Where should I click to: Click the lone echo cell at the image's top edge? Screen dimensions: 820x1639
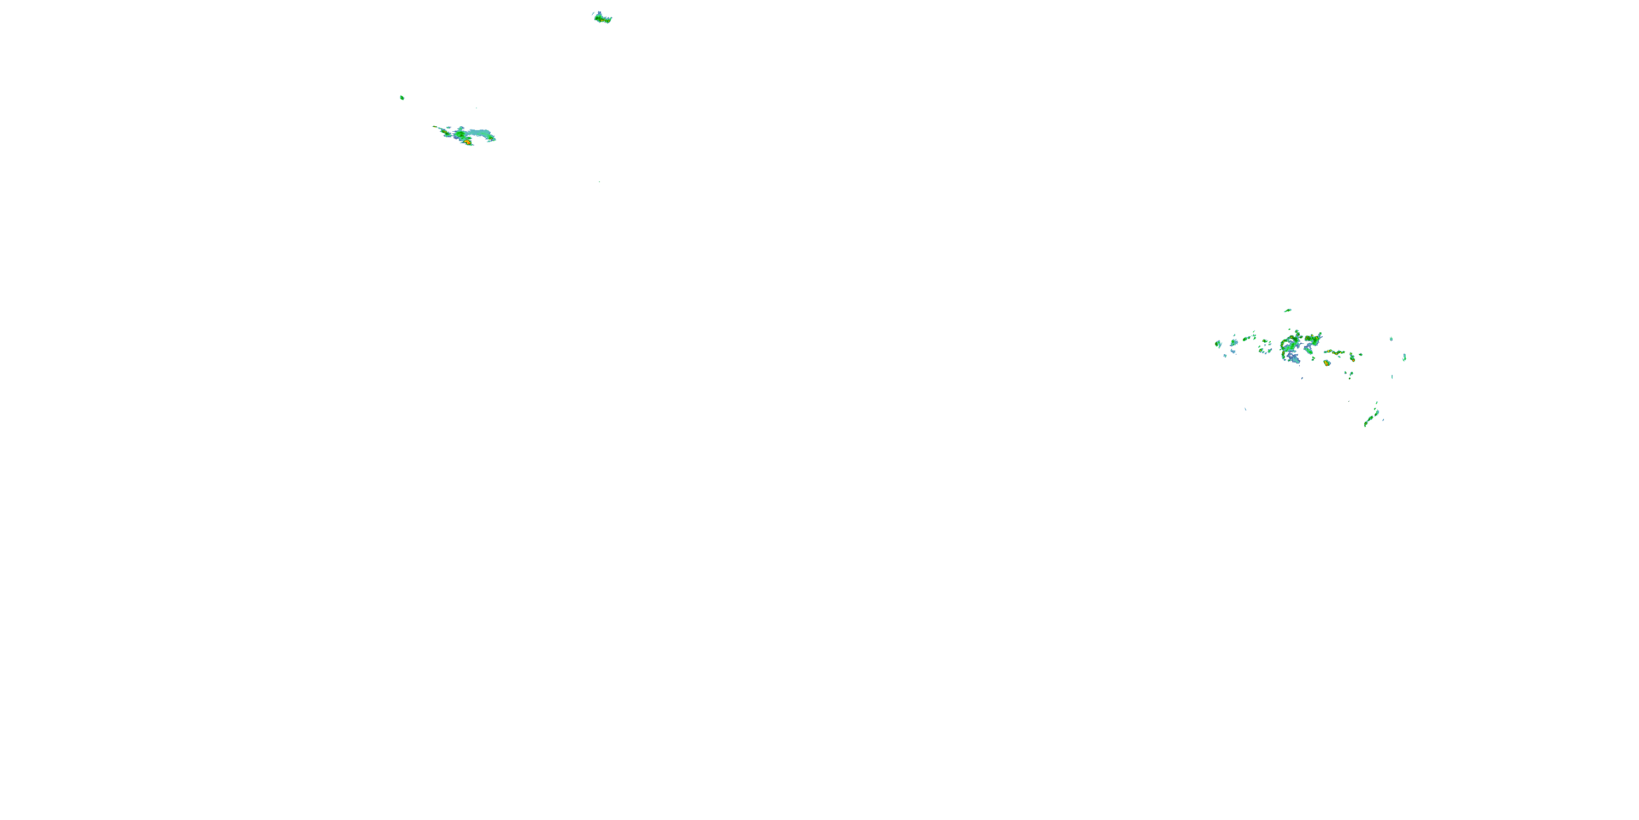point(602,18)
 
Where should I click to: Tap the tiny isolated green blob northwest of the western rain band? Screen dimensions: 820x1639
point(402,97)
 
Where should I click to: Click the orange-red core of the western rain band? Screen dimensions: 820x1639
point(468,142)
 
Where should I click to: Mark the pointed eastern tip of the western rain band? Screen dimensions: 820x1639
point(494,139)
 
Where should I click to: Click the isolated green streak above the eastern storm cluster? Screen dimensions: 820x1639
point(1287,310)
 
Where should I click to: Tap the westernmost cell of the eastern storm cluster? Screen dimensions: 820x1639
point(1218,344)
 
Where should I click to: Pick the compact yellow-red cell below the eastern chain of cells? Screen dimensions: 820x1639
point(1326,363)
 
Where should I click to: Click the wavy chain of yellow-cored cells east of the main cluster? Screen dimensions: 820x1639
point(1334,352)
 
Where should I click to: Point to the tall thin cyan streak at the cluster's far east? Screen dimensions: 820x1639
point(1404,357)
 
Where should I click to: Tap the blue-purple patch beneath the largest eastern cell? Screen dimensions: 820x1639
point(1294,359)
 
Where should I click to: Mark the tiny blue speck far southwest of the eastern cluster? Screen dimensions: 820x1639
point(1245,409)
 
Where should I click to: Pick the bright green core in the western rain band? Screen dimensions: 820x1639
point(460,134)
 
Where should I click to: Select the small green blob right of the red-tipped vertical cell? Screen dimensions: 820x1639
point(1360,355)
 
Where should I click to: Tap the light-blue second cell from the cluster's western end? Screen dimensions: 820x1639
point(1234,343)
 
